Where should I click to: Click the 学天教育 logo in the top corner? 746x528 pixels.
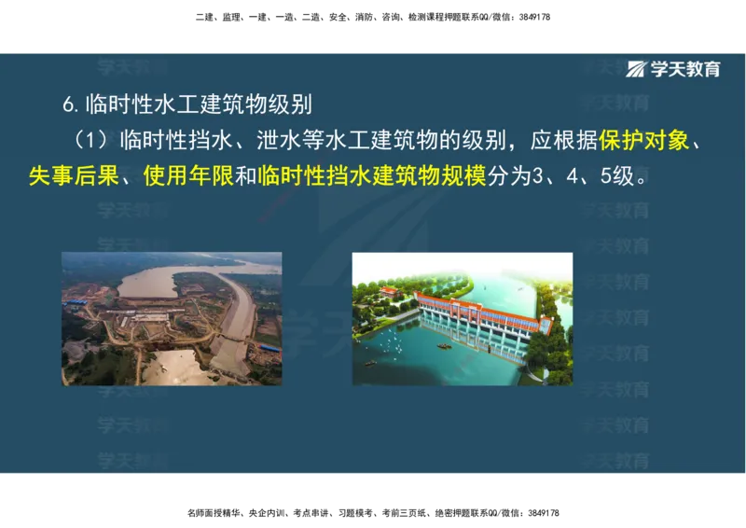coord(674,69)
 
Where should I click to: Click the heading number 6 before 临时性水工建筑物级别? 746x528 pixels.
coord(67,104)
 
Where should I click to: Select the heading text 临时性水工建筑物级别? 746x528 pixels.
coord(197,104)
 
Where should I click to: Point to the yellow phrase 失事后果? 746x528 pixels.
coord(73,175)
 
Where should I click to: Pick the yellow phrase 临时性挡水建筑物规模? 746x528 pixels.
coord(372,175)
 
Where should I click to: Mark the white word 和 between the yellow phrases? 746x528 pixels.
coord(245,175)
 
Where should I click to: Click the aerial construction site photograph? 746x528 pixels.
coord(172,318)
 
